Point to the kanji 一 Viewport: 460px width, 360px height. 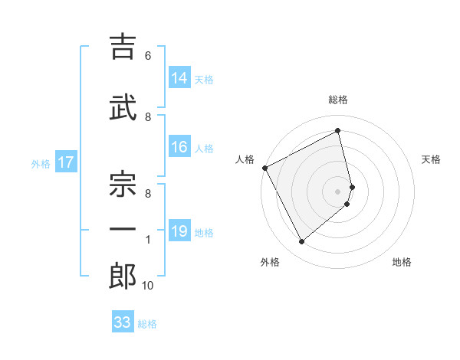[x=123, y=228]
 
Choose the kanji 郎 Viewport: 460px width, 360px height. [x=123, y=275]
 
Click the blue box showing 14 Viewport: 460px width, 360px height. [x=179, y=78]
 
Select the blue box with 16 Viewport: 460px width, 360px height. [x=179, y=148]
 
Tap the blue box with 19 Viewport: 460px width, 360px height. [x=179, y=232]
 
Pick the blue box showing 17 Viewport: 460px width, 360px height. [x=65, y=162]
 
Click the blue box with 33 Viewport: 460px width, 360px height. [x=122, y=322]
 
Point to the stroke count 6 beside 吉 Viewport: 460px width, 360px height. [x=148, y=56]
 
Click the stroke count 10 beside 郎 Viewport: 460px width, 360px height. [x=148, y=286]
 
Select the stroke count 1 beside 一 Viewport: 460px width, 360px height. [x=148, y=240]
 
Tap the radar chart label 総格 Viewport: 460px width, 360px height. [x=338, y=100]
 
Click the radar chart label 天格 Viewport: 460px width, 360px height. [x=432, y=159]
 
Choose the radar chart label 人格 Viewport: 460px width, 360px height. [x=245, y=159]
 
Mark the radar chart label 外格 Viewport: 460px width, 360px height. [x=270, y=263]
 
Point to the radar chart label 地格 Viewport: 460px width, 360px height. [x=402, y=263]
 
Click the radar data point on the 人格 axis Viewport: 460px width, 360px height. [x=264, y=168]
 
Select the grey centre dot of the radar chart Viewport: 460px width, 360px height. [x=338, y=191]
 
